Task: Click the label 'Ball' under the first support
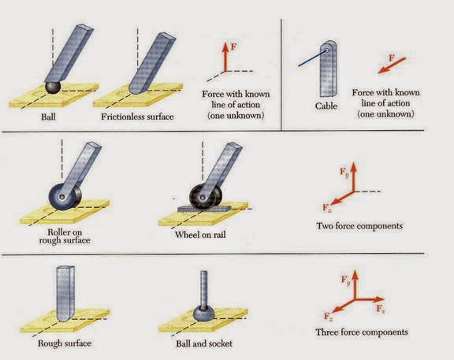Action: (x=48, y=117)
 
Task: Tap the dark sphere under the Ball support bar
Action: (x=53, y=87)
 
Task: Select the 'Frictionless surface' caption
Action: (x=137, y=117)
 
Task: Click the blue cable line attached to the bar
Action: (x=313, y=58)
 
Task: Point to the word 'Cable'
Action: (x=326, y=106)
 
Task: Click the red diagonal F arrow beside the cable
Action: (x=392, y=65)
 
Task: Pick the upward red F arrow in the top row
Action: (x=225, y=57)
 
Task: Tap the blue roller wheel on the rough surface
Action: (x=65, y=196)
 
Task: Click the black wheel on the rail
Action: (x=206, y=196)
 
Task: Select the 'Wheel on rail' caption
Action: (x=200, y=235)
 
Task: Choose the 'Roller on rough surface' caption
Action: (x=65, y=236)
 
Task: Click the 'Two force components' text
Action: (x=359, y=226)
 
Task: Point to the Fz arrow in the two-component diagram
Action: (x=342, y=199)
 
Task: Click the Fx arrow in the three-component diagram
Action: (x=370, y=299)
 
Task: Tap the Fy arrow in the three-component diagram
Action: (x=355, y=284)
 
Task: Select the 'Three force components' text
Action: (x=362, y=332)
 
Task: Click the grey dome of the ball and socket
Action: (x=204, y=313)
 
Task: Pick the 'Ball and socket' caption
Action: (x=204, y=343)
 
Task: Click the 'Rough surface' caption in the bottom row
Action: (x=65, y=343)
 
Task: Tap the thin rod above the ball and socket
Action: (x=204, y=288)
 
